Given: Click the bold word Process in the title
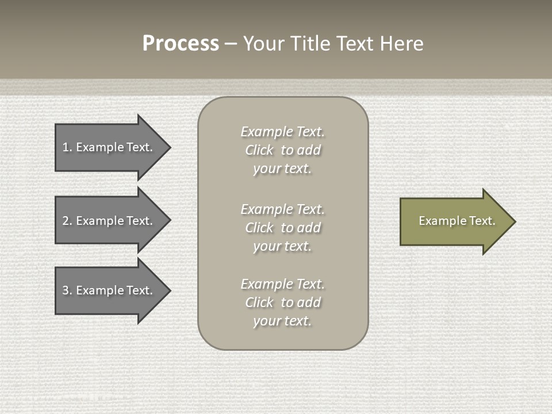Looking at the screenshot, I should [181, 44].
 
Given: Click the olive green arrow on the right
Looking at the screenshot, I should [454, 221].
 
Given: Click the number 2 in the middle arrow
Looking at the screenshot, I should [66, 221].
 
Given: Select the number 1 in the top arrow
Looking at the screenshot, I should [66, 147].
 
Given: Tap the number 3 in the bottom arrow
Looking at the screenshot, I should [66, 290].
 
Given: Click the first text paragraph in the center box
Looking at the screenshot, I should [282, 150].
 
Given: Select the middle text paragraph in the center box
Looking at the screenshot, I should [282, 228].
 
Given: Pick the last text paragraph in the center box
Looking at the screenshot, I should [282, 302].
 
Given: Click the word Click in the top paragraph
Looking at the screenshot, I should [259, 150].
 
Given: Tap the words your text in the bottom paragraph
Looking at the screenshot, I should [282, 321].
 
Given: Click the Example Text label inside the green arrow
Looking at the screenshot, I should [457, 221].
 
